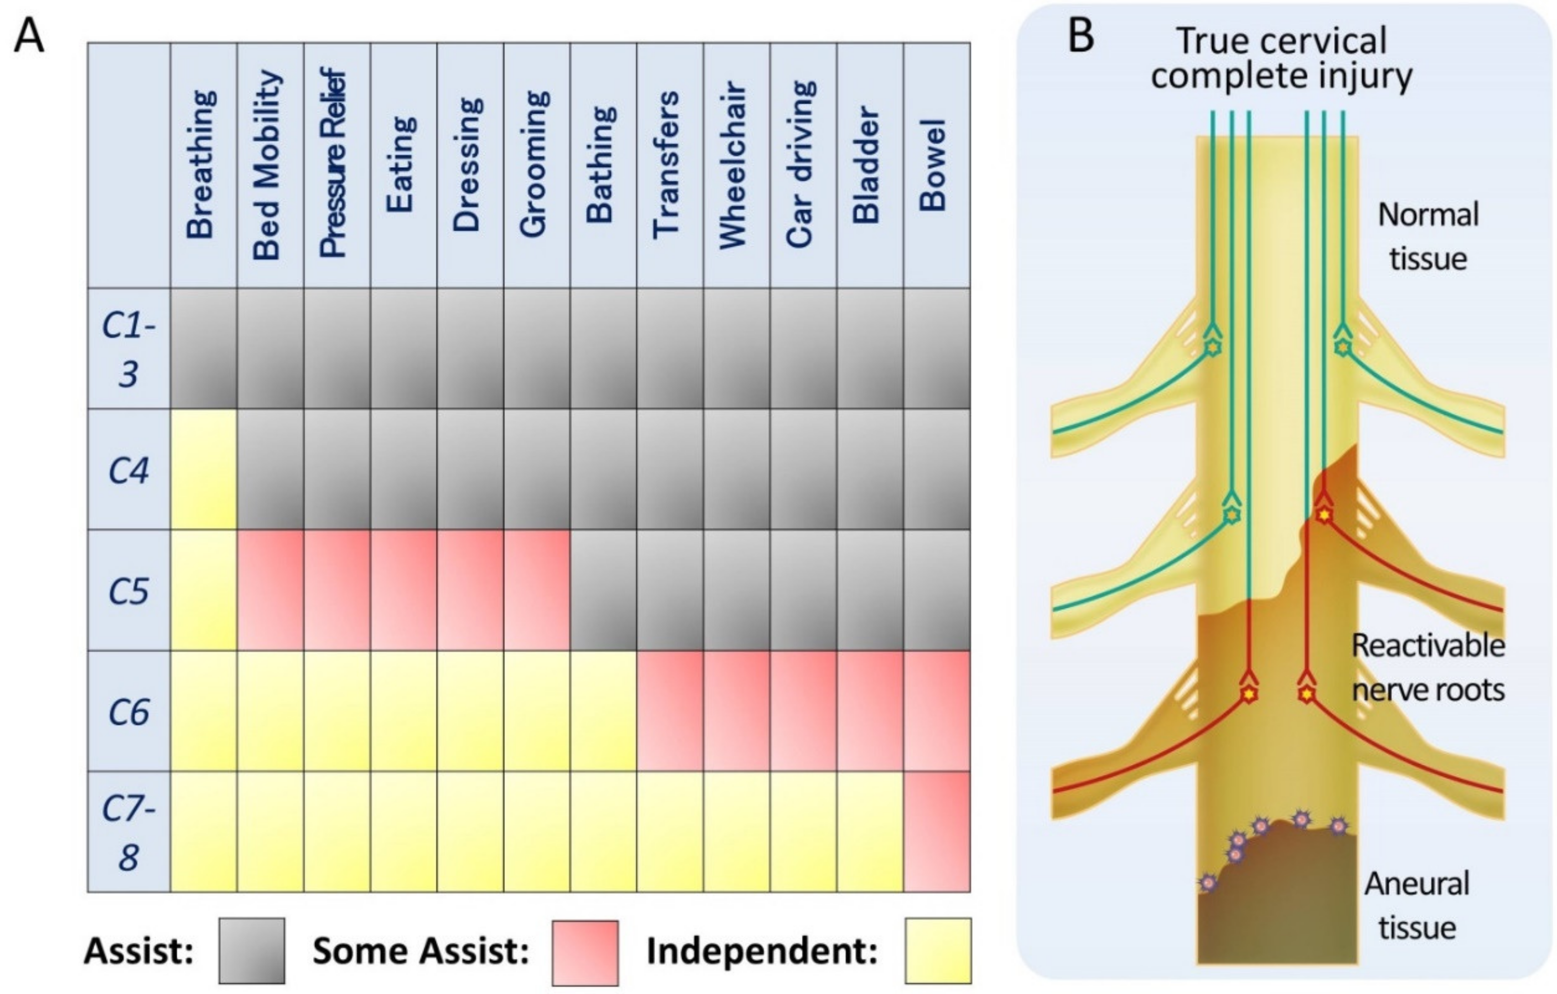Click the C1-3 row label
(x=129, y=348)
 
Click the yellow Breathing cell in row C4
(x=203, y=469)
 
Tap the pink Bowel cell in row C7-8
(x=936, y=832)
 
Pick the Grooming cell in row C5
(x=536, y=590)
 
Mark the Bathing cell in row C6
(x=603, y=711)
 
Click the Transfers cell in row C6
(x=670, y=711)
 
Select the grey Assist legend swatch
(x=251, y=951)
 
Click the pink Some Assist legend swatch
(x=585, y=952)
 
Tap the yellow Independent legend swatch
(x=937, y=951)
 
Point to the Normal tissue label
(x=1428, y=237)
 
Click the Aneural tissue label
(x=1416, y=906)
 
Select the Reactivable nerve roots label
(x=1428, y=668)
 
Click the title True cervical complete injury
(x=1281, y=58)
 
